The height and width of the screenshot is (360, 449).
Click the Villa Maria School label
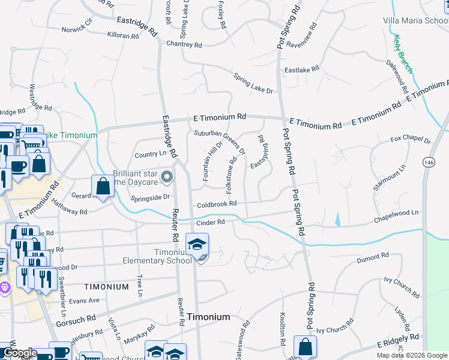415,20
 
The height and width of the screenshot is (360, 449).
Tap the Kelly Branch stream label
403,54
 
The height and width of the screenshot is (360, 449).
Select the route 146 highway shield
430,163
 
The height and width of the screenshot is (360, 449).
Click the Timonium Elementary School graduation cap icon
196,244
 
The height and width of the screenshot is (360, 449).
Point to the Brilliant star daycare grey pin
167,176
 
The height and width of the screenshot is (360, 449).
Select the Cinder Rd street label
211,222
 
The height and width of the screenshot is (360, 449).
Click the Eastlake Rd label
301,70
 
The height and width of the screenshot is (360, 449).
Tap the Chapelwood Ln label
399,214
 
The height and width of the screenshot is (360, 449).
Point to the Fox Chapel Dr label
411,140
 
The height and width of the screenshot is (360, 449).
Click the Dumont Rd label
373,257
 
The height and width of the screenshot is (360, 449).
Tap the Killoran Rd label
122,36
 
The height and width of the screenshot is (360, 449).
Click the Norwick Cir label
77,28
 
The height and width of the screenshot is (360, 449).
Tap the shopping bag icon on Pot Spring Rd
305,346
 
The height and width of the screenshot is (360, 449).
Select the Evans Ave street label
83,301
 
